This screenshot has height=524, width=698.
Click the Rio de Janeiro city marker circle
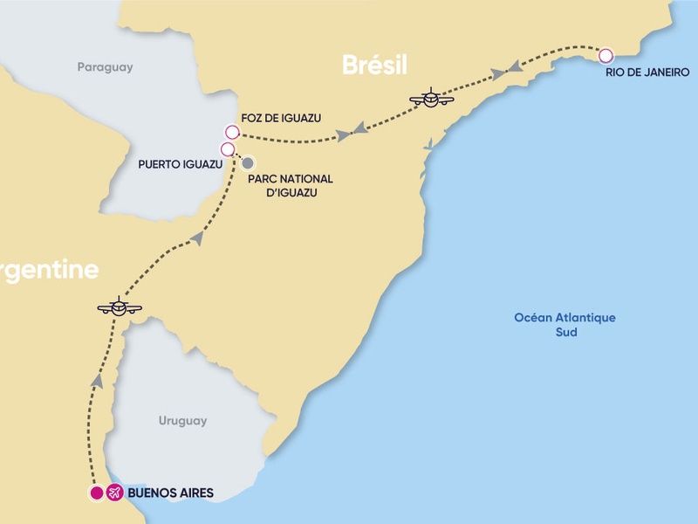point(606,56)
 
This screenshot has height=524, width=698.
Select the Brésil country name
point(375,65)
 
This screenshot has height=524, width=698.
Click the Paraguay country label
point(105,66)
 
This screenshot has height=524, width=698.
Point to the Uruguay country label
point(183,421)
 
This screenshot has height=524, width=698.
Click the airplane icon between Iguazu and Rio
point(431,99)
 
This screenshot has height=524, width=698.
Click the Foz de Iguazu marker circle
point(231,132)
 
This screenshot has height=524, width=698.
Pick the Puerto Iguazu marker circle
point(228,149)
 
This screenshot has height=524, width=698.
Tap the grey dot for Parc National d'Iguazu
point(249,162)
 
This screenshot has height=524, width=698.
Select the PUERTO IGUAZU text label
point(174,163)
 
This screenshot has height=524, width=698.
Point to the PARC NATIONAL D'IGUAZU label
point(283,184)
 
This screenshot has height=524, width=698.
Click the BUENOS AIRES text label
point(170,493)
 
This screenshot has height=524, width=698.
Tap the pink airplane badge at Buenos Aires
point(114,493)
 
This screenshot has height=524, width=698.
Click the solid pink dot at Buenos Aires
point(97,493)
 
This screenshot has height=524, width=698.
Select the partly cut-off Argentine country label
point(48,270)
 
